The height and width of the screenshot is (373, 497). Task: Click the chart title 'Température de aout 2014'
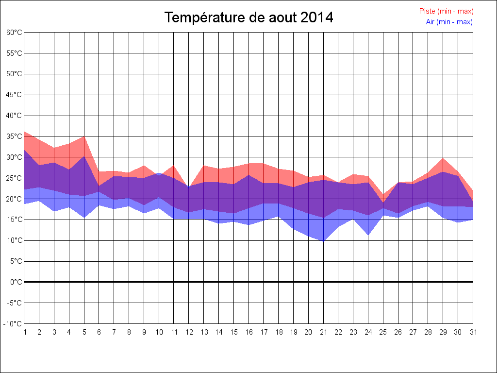point(248,18)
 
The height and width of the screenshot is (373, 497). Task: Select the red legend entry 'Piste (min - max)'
point(446,11)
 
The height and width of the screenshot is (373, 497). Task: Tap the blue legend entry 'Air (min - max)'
point(449,22)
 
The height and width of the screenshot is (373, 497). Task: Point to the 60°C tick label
point(14,33)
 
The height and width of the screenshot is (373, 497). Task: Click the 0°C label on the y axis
point(16,282)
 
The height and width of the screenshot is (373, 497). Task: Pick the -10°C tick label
point(13,324)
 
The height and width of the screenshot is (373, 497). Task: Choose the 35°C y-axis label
point(14,136)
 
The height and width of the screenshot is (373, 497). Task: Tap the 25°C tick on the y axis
point(14,178)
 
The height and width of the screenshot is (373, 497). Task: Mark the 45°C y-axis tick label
point(14,95)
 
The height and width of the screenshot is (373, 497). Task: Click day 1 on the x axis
point(25,332)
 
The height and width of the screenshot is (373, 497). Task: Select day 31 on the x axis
point(473,332)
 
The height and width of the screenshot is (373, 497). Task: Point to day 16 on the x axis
point(248,332)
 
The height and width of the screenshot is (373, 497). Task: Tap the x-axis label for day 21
point(323,332)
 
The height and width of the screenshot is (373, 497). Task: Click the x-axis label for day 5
point(84,332)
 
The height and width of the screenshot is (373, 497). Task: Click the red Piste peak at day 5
point(84,136)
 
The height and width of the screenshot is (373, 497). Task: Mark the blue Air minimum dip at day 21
point(323,240)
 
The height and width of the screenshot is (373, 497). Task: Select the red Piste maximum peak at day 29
point(443,159)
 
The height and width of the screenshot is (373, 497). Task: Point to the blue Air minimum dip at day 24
point(368,235)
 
